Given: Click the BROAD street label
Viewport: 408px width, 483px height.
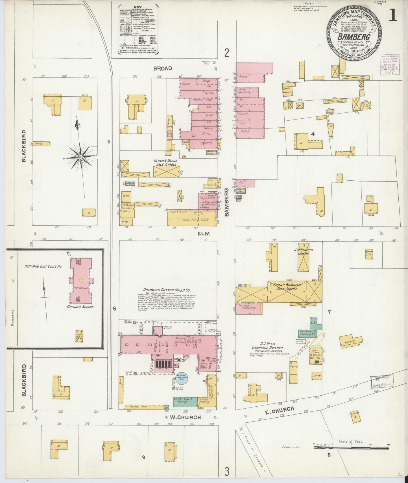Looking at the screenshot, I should click(163, 68).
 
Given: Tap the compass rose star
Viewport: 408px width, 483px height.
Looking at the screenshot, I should click(80, 156).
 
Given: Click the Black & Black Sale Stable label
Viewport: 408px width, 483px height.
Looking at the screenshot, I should click(165, 162).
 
